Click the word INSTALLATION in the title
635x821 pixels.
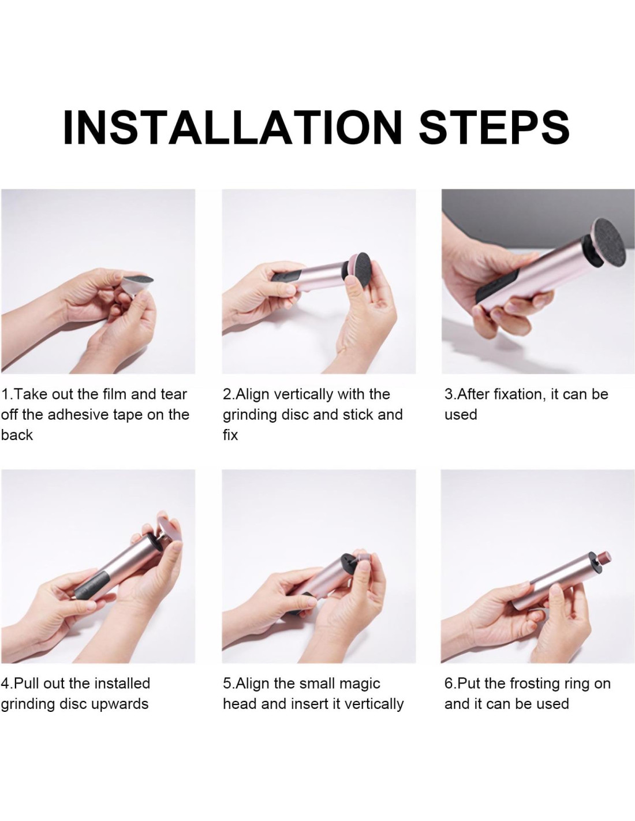coord(232,128)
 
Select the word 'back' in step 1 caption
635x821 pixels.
coord(17,435)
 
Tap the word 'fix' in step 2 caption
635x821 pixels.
coord(230,435)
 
